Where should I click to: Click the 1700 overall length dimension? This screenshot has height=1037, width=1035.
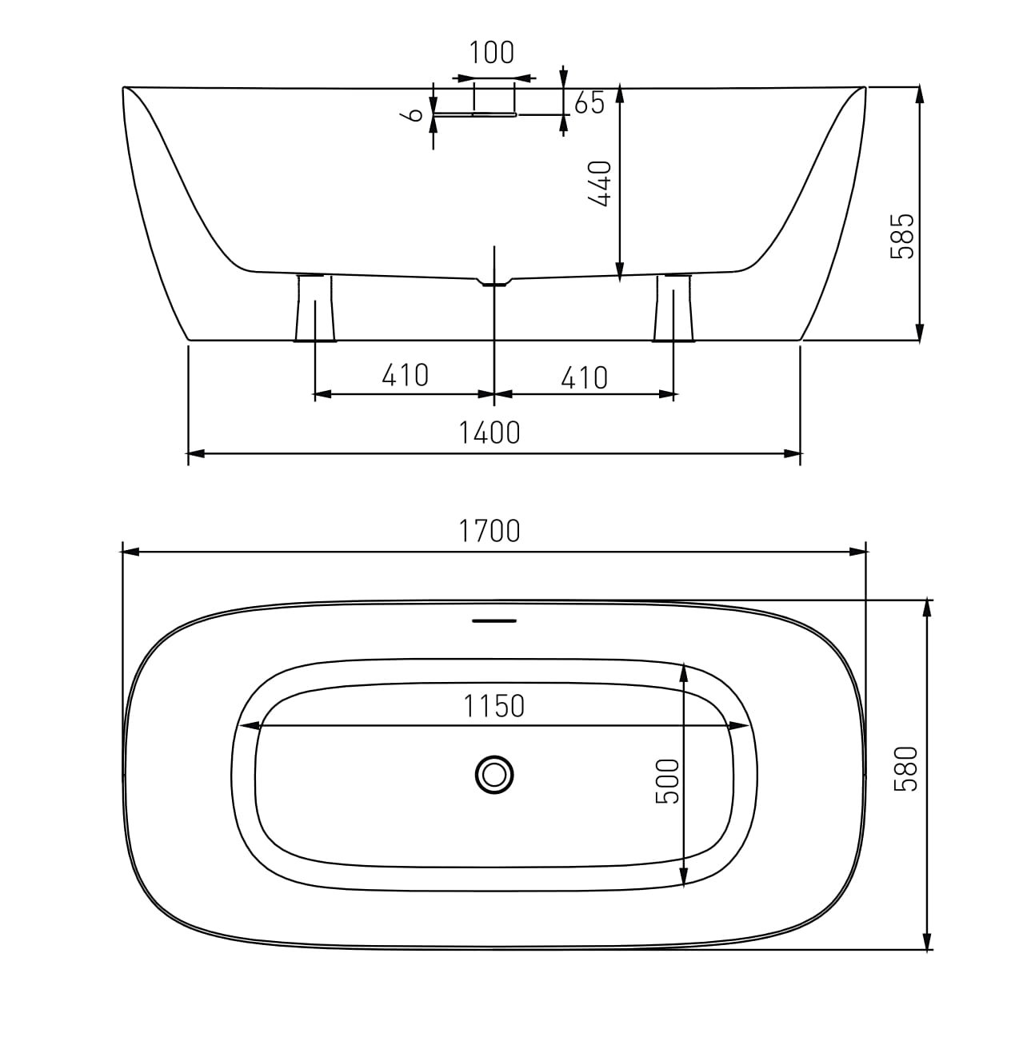coord(490,531)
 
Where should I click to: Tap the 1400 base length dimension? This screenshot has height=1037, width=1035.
coord(490,433)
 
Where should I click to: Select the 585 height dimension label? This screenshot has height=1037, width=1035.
coord(902,236)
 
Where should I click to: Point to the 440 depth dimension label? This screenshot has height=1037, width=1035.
coord(600,184)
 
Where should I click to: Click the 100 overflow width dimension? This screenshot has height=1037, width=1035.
coord(492,53)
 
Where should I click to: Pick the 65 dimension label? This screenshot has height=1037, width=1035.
coord(589,102)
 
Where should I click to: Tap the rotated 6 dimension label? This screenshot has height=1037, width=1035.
coord(413,114)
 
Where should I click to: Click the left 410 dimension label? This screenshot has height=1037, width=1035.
coord(405,375)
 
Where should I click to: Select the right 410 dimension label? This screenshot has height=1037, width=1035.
coord(584,377)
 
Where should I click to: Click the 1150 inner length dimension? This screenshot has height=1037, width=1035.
coord(494,706)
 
